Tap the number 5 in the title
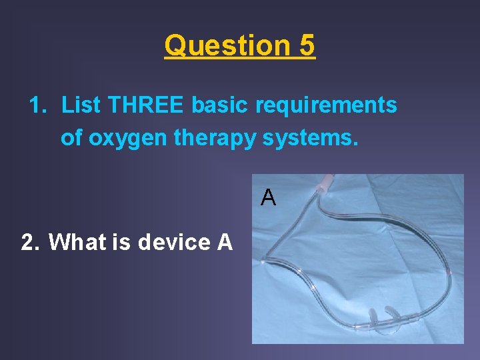pyautogui.click(x=307, y=46)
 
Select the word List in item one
pyautogui.click(x=81, y=105)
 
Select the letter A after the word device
pyautogui.click(x=225, y=242)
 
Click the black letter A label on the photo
pyautogui.click(x=268, y=197)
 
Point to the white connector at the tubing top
pyautogui.click(x=327, y=183)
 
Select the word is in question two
pyautogui.click(x=122, y=242)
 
